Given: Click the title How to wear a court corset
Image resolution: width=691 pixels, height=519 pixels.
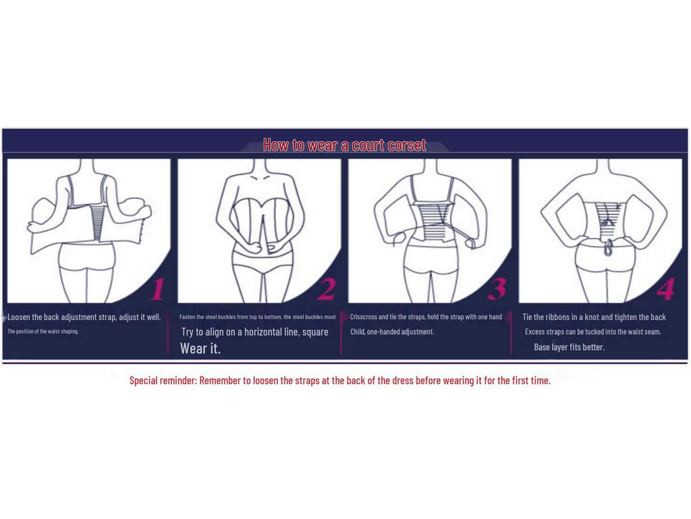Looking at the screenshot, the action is pos(344,145).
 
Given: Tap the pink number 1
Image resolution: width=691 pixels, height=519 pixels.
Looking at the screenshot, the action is pos(157,289).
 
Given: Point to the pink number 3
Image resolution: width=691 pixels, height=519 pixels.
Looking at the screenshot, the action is pos(497,289).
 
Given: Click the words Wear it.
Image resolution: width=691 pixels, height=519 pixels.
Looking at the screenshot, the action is pos(200,349).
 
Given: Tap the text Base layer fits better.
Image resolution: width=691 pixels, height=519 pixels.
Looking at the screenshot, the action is pos(569,347).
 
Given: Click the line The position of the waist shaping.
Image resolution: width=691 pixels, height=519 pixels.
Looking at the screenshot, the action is pos(43,331).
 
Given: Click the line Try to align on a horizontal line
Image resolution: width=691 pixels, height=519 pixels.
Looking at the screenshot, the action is pos(254,332).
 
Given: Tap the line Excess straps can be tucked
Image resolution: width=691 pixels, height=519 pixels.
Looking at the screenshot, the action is pos(592,332).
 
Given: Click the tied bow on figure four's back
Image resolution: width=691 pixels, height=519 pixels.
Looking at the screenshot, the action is pos(607,220).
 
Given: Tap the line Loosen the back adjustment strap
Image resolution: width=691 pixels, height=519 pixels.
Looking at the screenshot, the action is pos(84,317).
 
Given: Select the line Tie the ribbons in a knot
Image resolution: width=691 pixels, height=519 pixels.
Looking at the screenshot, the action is pos(594,317).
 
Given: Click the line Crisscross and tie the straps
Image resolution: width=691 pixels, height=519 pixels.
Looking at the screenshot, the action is pos(426,317).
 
